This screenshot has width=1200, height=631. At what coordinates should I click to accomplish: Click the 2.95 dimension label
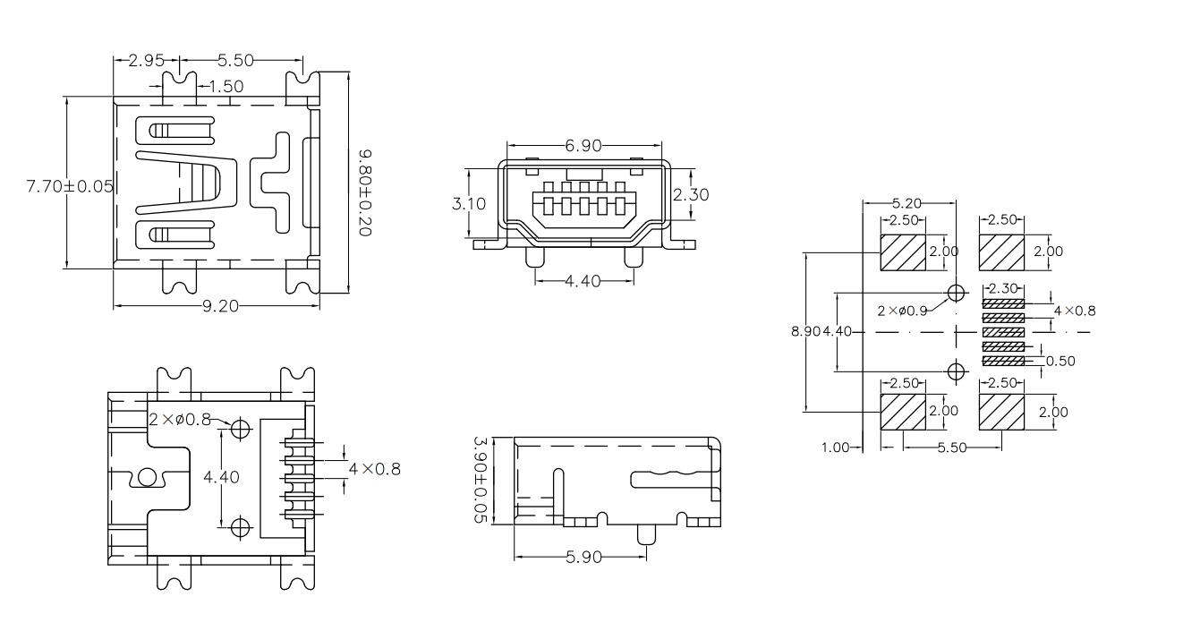(146, 61)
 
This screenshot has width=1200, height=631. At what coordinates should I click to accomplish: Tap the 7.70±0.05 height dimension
(70, 186)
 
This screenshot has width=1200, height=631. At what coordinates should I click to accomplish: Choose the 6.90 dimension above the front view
(583, 145)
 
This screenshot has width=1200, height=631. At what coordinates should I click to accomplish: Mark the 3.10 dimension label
(470, 203)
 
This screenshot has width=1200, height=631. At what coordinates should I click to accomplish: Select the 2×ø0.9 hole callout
(901, 311)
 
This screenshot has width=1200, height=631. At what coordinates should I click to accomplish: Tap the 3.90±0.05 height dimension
(479, 481)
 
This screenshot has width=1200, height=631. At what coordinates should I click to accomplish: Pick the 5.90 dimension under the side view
(583, 558)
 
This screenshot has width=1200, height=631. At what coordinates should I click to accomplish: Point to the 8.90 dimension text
(804, 331)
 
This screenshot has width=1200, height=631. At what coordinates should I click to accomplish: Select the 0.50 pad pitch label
(1060, 361)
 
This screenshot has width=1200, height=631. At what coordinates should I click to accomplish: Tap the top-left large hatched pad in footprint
(904, 252)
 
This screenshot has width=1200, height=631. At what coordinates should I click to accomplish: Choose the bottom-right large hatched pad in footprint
(1002, 412)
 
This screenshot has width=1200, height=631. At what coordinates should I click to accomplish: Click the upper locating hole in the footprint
(957, 293)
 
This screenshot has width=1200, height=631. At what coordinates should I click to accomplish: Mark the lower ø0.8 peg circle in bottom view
(240, 527)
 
